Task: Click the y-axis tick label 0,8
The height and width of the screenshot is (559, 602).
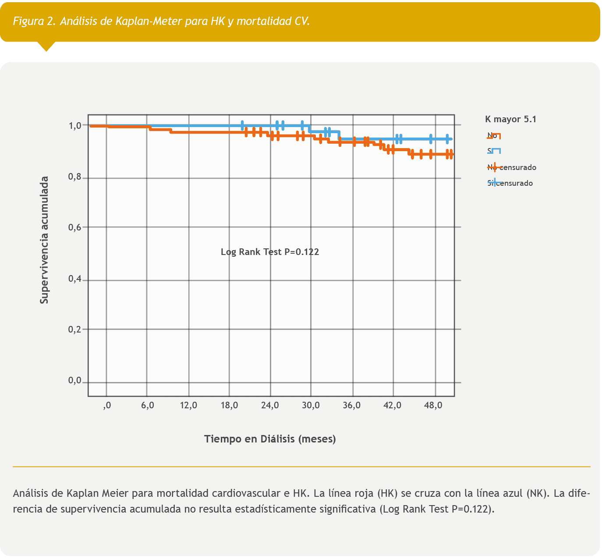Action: (x=75, y=178)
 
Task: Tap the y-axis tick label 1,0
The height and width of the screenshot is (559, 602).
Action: (x=75, y=126)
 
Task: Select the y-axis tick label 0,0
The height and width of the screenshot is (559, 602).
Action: (x=75, y=381)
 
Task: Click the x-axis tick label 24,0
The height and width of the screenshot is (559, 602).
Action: (x=270, y=406)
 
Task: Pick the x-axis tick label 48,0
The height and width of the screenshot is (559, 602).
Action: (x=433, y=406)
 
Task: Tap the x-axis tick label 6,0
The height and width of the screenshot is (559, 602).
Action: (x=148, y=406)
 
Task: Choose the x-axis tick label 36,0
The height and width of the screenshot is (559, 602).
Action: (x=351, y=406)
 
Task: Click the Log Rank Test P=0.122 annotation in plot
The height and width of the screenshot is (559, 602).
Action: (x=270, y=252)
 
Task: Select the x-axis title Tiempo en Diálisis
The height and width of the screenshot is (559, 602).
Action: (x=270, y=439)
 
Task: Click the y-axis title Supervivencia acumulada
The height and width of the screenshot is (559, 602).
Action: (x=44, y=240)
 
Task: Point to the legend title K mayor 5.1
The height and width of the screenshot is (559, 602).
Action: (x=510, y=119)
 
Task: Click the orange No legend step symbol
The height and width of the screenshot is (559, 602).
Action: (x=495, y=136)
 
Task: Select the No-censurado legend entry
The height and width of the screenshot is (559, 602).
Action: (x=512, y=167)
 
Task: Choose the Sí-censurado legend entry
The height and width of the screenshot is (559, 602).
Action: (x=510, y=183)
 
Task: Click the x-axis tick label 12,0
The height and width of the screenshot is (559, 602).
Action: (x=188, y=406)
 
